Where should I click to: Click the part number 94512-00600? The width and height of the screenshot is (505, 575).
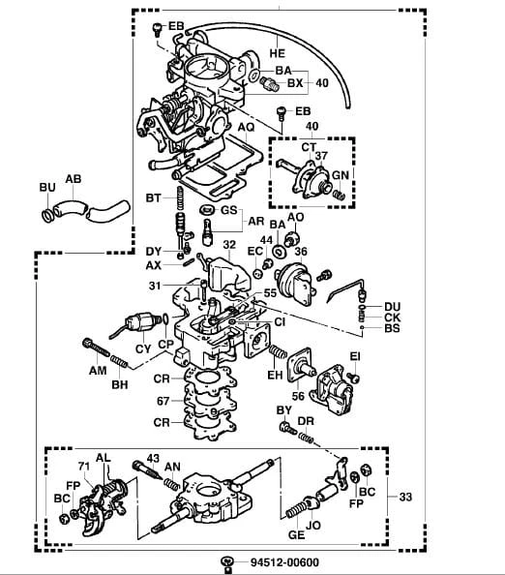284,562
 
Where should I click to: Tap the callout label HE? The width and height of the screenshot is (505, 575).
277,53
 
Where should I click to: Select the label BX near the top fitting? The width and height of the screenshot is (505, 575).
295,83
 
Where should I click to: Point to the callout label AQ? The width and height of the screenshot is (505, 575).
246,127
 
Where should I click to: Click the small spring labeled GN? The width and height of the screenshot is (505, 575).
339,195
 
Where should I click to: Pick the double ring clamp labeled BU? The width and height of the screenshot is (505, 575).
47,216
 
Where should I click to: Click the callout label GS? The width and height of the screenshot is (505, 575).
229,210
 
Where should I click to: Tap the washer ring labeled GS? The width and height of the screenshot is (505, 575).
208,210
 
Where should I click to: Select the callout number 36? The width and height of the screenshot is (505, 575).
301,252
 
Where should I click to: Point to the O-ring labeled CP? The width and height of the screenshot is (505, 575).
165,319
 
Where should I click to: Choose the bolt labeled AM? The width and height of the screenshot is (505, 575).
96,348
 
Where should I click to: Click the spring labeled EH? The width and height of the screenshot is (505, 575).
278,352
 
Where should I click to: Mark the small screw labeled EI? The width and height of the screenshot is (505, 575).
354,378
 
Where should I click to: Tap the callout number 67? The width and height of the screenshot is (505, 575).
163,401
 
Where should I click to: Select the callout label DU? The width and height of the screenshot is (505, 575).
392,307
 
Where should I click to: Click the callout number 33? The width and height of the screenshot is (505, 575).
405,497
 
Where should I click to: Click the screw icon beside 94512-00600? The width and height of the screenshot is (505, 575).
227,563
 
